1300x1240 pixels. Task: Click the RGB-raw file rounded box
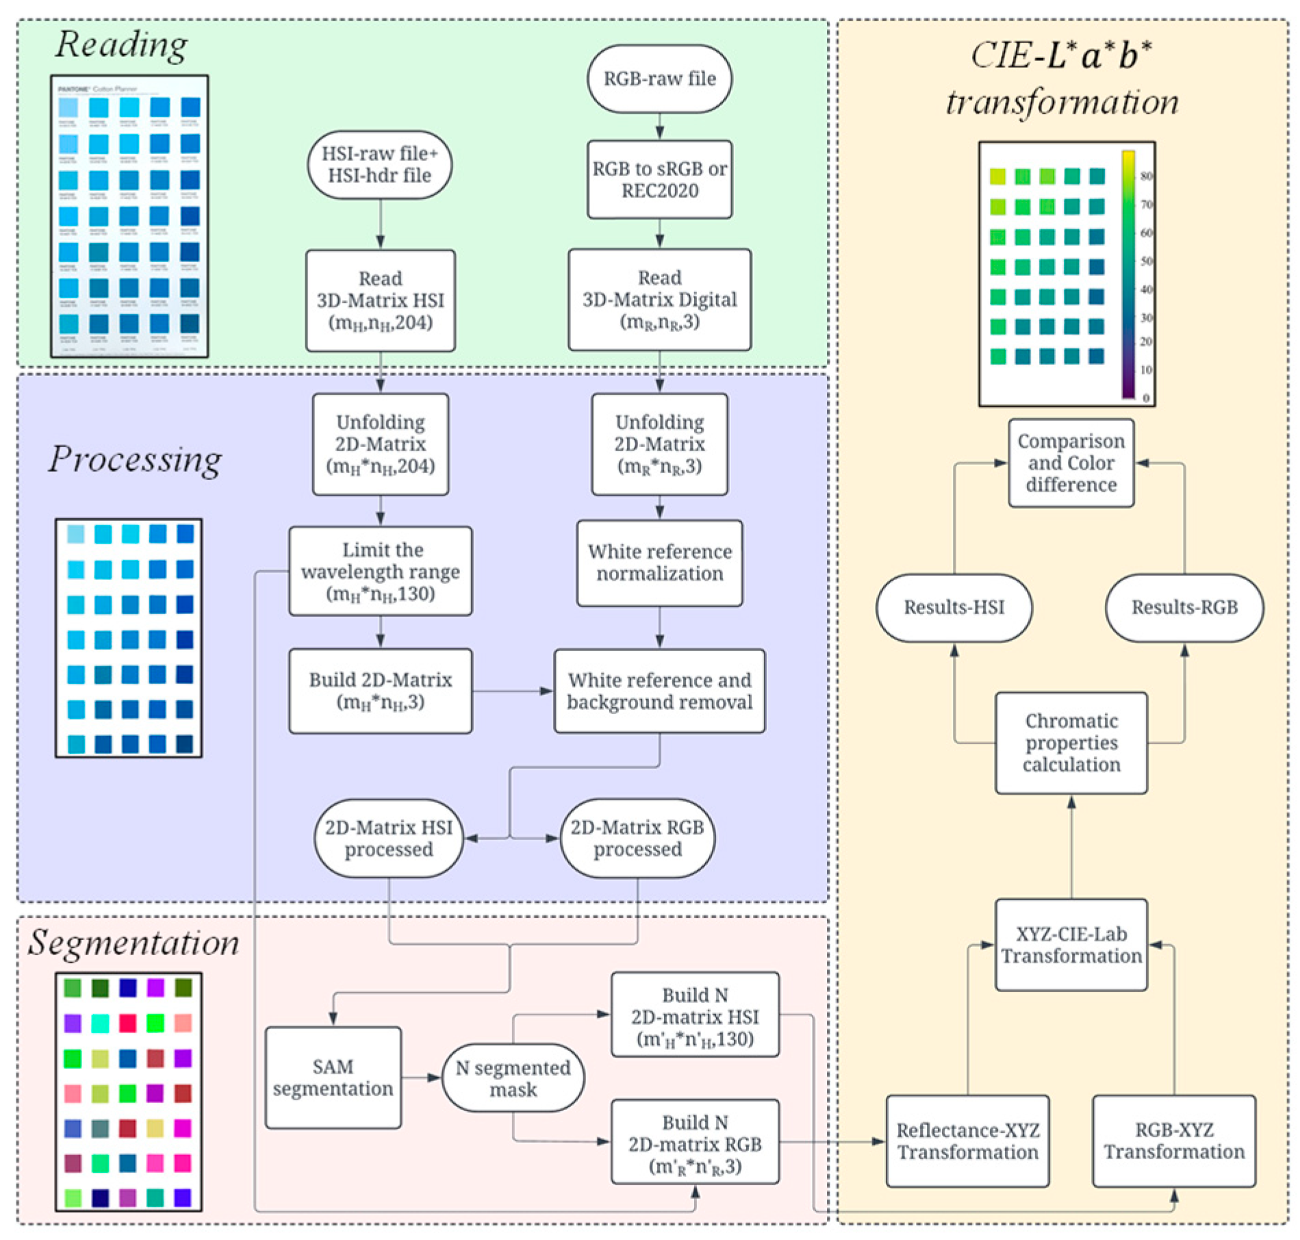click(x=659, y=79)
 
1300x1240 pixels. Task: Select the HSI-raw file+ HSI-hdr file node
click(x=379, y=164)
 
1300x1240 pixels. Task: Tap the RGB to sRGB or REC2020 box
click(x=659, y=179)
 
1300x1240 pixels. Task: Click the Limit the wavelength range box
click(x=380, y=570)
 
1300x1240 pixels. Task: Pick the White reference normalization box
click(x=659, y=562)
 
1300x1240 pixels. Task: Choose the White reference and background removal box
click(x=659, y=690)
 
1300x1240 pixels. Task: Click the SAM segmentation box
click(x=333, y=1077)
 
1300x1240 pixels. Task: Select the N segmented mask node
click(x=513, y=1078)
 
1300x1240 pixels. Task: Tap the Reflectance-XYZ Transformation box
click(x=967, y=1141)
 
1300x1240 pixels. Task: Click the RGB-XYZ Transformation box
click(x=1173, y=1141)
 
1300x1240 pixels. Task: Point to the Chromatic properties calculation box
click(x=1071, y=742)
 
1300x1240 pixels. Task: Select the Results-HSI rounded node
click(x=954, y=607)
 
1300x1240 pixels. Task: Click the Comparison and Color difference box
click(x=1071, y=463)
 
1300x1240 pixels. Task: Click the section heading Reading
click(x=121, y=45)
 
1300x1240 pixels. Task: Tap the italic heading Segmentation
click(x=133, y=943)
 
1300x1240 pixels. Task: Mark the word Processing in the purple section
click(x=135, y=459)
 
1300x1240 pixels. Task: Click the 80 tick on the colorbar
click(x=1146, y=176)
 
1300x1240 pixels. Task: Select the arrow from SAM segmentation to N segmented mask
click(x=422, y=1077)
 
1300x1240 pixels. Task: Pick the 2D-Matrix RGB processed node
click(x=637, y=838)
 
